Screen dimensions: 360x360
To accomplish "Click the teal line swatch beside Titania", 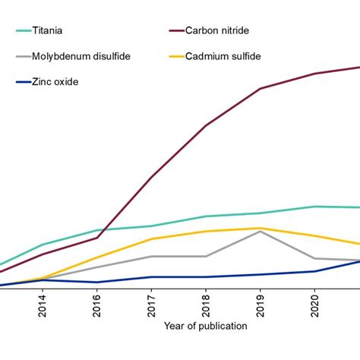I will (x=27, y=31).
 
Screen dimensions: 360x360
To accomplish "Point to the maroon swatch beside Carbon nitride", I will (x=181, y=31).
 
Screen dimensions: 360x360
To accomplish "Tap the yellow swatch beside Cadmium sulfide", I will (x=181, y=56).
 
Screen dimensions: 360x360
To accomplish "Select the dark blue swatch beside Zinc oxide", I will (x=27, y=81).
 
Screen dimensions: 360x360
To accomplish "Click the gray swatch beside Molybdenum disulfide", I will (x=27, y=56).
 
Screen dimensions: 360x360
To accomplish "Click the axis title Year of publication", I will (x=205, y=327).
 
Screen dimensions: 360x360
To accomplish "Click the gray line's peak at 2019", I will (x=261, y=231).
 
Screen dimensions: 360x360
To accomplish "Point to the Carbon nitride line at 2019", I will (x=261, y=89).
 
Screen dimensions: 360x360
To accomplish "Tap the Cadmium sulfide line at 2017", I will (x=151, y=239).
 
